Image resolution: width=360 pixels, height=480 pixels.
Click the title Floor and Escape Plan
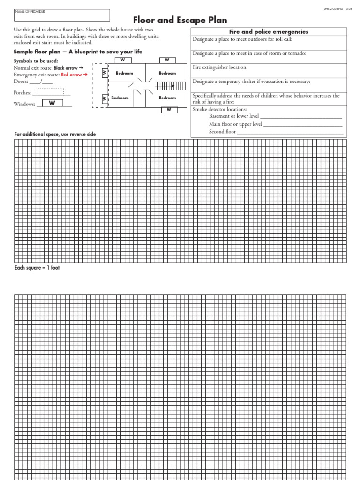180,20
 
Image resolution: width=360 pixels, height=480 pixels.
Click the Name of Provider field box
62,15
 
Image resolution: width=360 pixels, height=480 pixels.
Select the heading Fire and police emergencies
269,32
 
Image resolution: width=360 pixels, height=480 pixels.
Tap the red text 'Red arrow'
71,75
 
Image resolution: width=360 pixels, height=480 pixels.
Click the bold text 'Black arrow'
66,68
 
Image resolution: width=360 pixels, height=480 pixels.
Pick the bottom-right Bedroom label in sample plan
167,97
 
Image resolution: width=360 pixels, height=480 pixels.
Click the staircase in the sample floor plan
165,85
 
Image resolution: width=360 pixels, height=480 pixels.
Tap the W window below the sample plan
169,110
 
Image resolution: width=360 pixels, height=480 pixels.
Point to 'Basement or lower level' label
233,116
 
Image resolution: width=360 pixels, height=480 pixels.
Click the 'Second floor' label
222,132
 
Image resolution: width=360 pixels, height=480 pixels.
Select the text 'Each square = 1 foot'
37,268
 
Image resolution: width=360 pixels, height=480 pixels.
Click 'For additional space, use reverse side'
55,134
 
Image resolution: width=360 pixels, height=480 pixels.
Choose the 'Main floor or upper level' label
235,124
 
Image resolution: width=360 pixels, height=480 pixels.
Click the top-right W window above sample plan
167,60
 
